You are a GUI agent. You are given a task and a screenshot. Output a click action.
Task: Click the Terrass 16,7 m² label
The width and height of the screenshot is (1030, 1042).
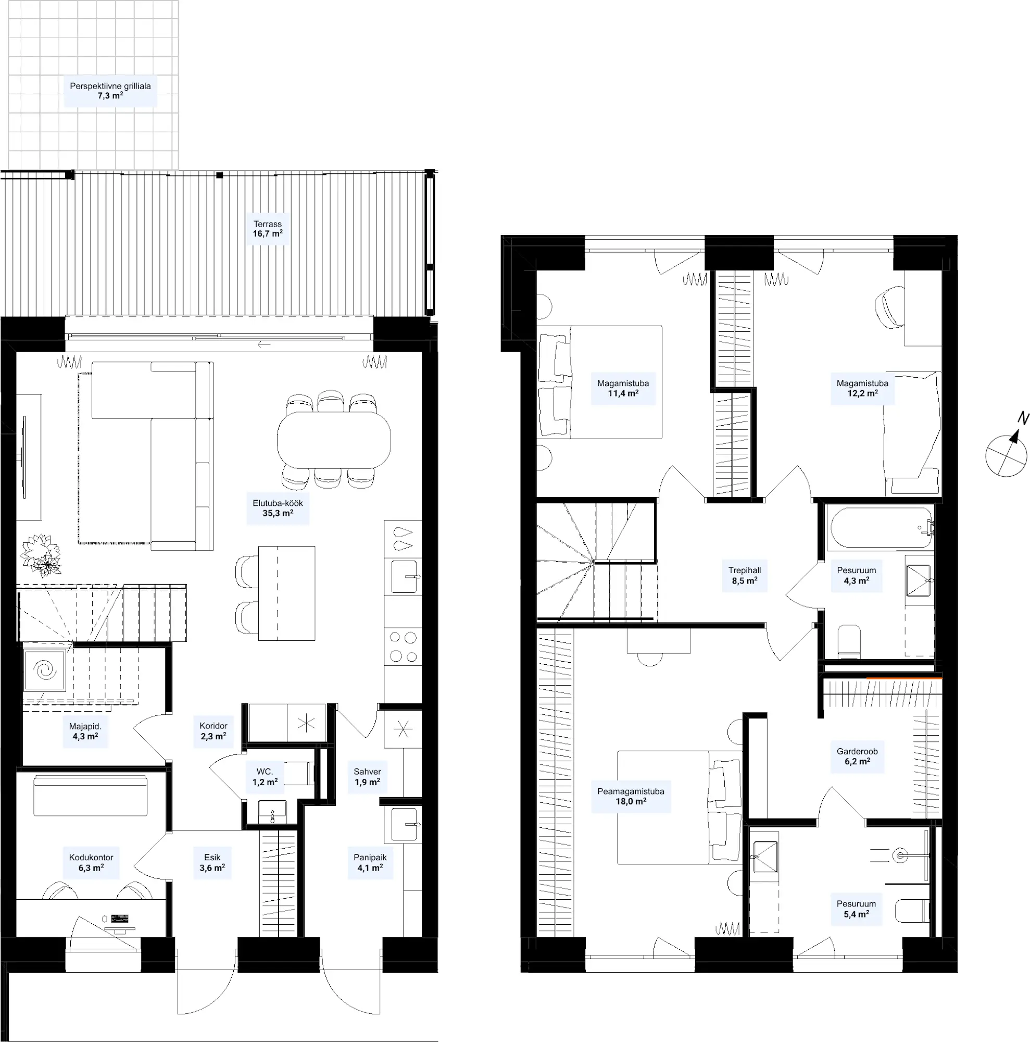click(267, 229)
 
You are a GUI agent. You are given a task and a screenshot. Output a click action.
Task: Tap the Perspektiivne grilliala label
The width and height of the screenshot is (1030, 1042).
click(110, 86)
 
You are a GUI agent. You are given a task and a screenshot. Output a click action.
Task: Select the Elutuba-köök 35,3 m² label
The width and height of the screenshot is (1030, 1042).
click(278, 508)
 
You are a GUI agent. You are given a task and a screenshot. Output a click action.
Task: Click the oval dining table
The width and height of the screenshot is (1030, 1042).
click(334, 440)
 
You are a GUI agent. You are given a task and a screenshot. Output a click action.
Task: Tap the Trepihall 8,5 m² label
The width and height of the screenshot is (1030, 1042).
click(744, 576)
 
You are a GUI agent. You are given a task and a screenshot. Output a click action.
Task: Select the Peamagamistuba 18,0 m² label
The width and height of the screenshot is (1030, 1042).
click(631, 797)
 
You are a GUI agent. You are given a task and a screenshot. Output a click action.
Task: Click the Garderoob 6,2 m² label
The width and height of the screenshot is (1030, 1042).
click(857, 756)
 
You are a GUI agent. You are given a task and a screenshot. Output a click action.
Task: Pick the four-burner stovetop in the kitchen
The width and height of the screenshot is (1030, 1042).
click(403, 647)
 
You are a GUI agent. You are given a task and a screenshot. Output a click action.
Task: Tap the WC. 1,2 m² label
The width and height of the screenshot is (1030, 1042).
click(265, 777)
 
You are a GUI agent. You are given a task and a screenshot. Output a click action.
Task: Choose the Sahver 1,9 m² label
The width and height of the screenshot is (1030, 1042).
click(367, 777)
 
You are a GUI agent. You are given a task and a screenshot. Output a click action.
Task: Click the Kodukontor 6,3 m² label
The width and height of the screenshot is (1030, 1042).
click(91, 862)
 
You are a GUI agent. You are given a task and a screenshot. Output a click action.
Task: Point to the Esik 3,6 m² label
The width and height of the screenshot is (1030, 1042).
click(212, 862)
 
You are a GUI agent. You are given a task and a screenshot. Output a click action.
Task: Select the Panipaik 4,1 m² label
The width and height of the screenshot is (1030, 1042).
click(370, 862)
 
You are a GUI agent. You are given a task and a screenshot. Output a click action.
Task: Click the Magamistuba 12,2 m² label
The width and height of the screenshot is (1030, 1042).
click(862, 388)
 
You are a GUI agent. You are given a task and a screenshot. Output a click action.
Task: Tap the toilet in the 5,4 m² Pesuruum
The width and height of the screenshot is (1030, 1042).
click(912, 910)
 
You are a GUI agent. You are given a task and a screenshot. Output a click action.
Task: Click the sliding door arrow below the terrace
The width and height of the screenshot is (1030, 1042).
click(264, 344)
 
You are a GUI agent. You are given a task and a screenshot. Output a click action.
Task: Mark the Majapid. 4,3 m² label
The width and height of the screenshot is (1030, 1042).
click(85, 731)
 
